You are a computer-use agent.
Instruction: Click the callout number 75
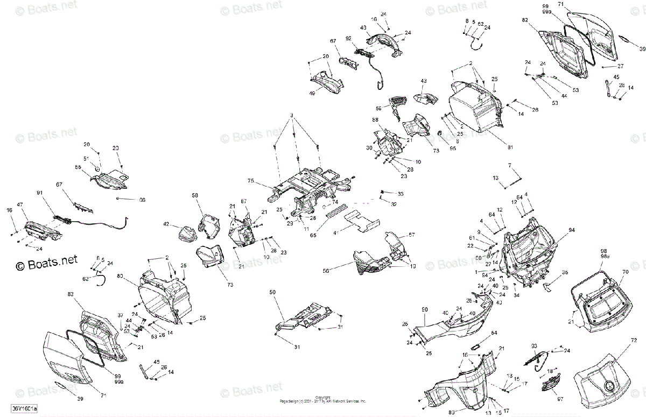[250, 181]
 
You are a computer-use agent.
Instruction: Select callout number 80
[120, 276]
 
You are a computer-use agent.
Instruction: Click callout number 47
[20, 205]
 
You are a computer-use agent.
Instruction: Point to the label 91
[39, 192]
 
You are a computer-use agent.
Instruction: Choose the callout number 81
[510, 147]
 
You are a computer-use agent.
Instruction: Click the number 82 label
[525, 20]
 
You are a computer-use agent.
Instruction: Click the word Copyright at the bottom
[322, 397]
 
